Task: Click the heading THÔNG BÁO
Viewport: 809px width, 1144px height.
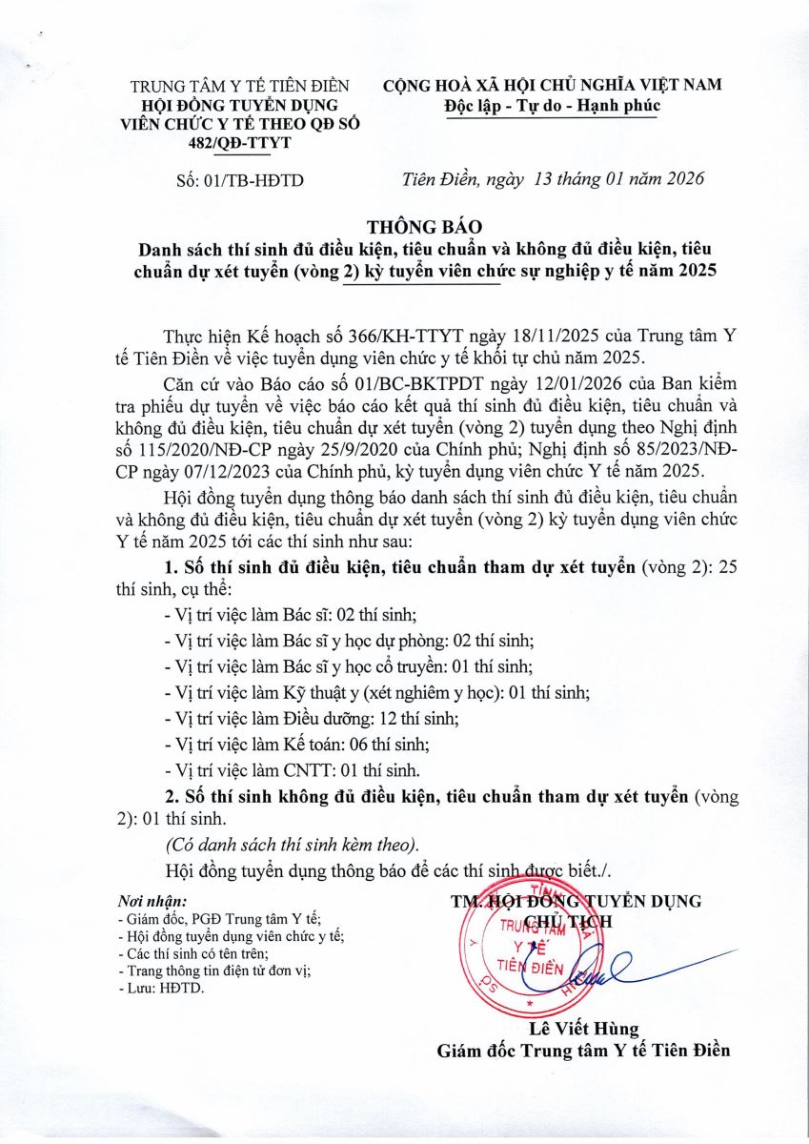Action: pos(425,227)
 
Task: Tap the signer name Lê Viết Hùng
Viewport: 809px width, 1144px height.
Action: pos(583,1029)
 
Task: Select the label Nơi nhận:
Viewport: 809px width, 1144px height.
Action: pos(151,901)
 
